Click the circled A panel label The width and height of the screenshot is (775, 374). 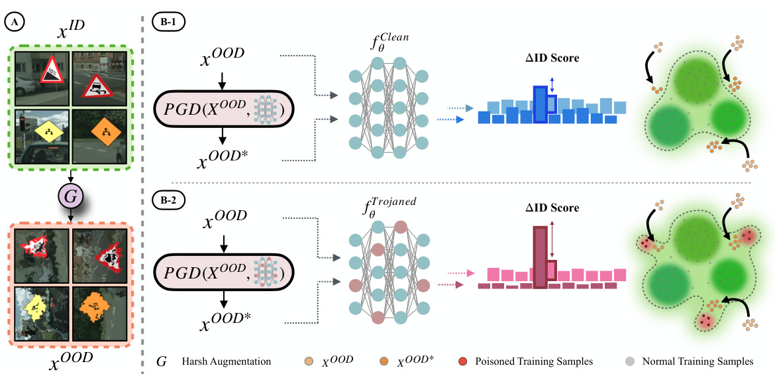click(x=14, y=21)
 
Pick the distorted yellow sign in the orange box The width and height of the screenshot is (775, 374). click(x=40, y=308)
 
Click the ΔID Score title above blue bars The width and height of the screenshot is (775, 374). click(x=553, y=58)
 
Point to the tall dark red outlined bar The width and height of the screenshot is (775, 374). click(x=541, y=257)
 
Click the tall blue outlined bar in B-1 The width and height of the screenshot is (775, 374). click(x=541, y=104)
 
